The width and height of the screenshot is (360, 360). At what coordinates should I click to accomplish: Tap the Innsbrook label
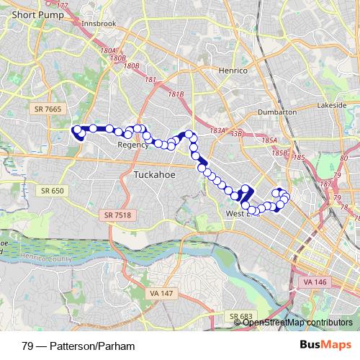pyautogui.click(x=99, y=24)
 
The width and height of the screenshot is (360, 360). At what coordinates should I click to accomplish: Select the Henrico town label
pyautogui.click(x=231, y=71)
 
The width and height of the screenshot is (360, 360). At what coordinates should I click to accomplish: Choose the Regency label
pyautogui.click(x=132, y=145)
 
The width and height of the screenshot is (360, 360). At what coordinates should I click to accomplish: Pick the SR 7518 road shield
pyautogui.click(x=118, y=215)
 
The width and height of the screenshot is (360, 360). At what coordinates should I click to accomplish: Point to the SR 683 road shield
pyautogui.click(x=242, y=316)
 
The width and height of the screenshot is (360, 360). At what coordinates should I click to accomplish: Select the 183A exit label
pyautogui.click(x=217, y=130)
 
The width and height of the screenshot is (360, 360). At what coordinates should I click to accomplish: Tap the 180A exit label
pyautogui.click(x=108, y=50)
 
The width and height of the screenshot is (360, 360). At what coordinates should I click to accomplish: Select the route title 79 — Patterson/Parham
pyautogui.click(x=78, y=346)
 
